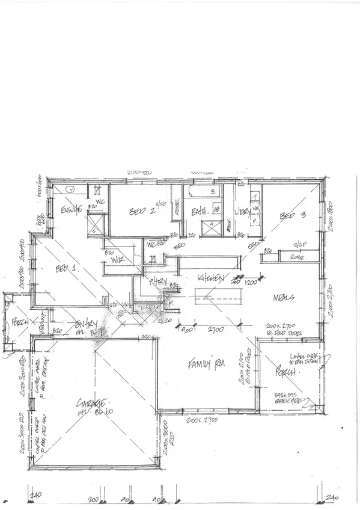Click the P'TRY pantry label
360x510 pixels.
click(159, 281)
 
